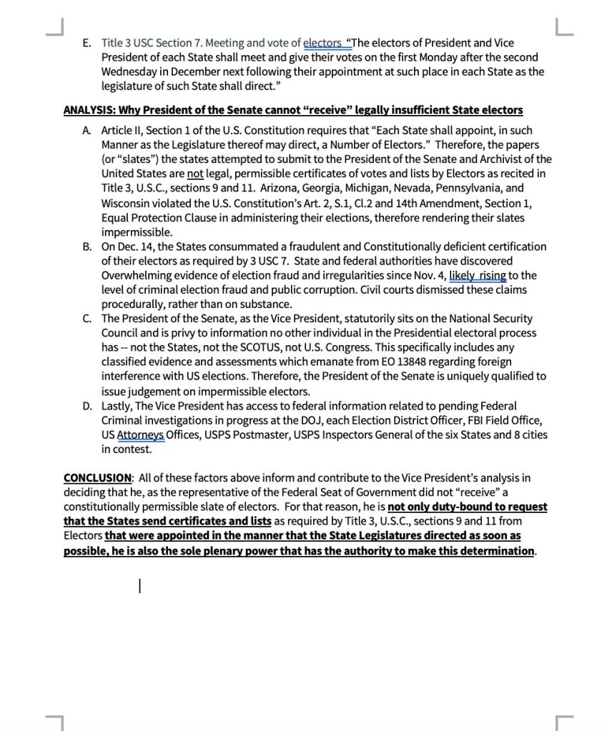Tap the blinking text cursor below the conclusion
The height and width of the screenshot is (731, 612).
(x=139, y=587)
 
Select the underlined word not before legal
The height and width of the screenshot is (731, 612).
(x=195, y=174)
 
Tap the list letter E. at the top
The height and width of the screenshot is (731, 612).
(x=87, y=43)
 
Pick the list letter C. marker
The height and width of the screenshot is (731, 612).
(x=87, y=319)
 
